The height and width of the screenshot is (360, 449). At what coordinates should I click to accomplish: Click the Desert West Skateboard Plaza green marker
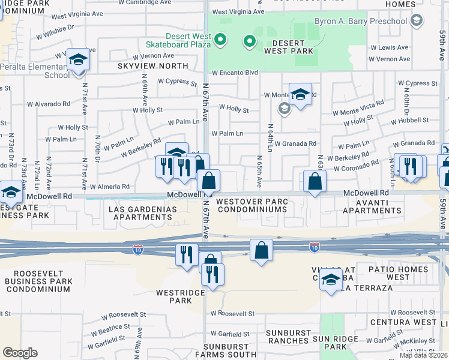(220, 41)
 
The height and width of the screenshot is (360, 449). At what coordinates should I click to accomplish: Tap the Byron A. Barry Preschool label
(360, 22)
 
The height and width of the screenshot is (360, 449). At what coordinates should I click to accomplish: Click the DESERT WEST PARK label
(292, 47)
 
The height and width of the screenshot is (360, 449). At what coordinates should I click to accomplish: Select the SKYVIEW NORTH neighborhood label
(152, 65)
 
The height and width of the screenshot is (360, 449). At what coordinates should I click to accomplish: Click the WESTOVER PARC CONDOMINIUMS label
(252, 205)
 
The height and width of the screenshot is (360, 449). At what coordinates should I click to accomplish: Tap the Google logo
(20, 353)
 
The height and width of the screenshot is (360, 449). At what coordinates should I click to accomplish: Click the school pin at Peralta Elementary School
(77, 59)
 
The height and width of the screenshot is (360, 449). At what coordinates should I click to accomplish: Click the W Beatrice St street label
(115, 329)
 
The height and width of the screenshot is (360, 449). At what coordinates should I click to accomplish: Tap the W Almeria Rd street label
(110, 187)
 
